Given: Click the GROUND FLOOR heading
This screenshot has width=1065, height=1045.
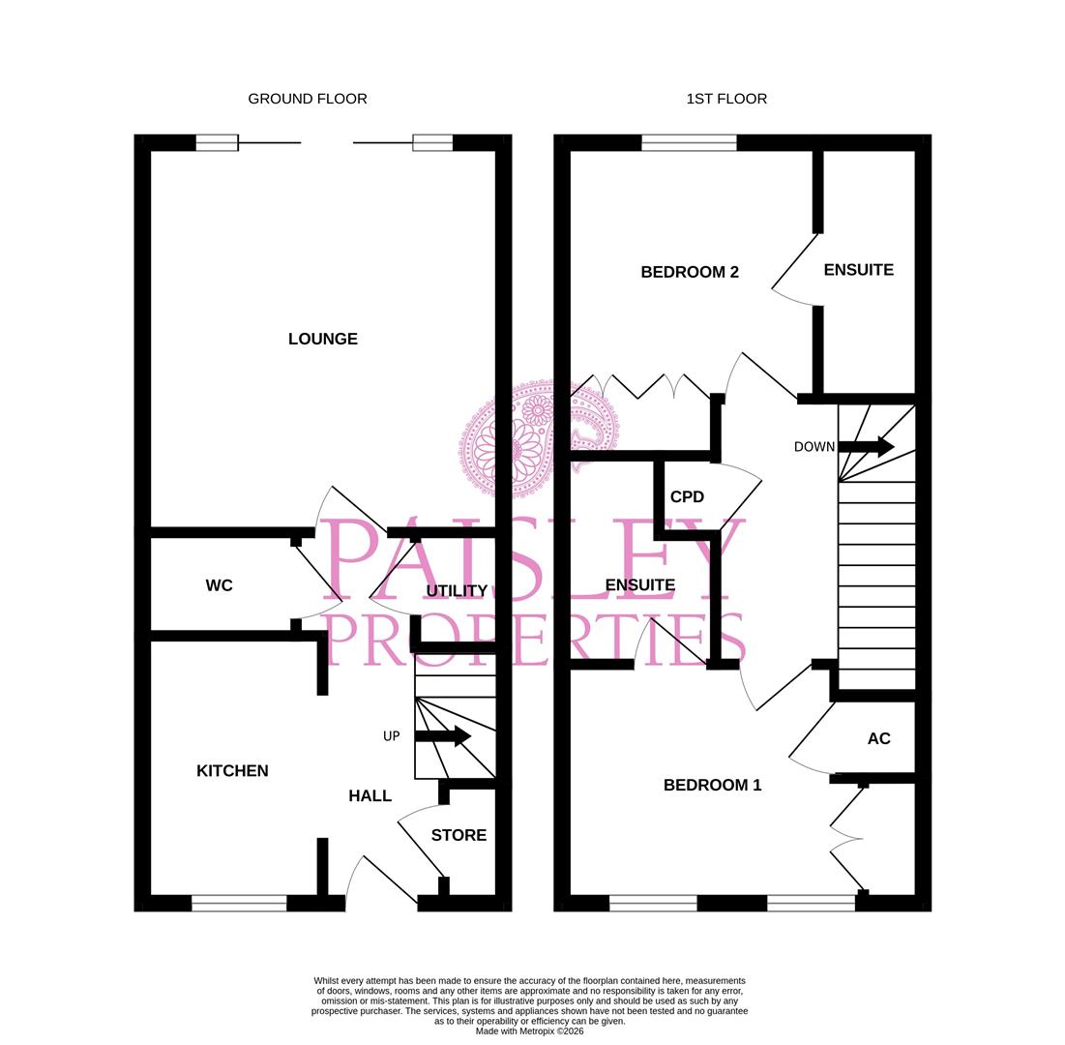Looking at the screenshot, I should click(x=308, y=99).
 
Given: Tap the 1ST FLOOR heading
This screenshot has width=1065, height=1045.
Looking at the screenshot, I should click(x=726, y=99).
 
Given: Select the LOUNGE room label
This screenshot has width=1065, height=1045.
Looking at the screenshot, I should click(x=323, y=339).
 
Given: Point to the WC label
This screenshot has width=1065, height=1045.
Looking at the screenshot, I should click(x=220, y=585).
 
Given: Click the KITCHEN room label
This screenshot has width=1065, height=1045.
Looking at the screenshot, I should click(x=232, y=771).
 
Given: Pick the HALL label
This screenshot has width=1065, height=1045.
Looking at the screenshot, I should click(x=370, y=796).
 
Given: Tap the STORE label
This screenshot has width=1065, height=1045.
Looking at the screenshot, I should click(x=459, y=835).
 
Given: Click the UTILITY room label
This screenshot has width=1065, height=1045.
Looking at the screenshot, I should click(x=457, y=590).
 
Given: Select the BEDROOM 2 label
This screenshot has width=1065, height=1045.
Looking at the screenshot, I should click(x=690, y=272).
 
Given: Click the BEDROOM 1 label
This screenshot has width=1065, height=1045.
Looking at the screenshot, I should click(x=712, y=785).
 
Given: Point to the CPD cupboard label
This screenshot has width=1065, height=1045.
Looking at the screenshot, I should click(x=687, y=496).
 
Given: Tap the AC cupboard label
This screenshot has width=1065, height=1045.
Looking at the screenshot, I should click(x=878, y=738).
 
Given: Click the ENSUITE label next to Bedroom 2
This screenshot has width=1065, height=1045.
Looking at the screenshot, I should click(x=858, y=270).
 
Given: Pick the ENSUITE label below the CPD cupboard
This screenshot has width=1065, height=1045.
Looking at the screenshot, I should click(x=639, y=584).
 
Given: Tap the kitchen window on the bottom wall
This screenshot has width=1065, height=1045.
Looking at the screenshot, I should click(x=239, y=903).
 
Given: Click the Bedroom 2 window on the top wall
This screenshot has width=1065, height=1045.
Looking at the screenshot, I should click(x=689, y=143).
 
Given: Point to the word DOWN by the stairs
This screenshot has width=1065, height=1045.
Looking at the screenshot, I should click(x=814, y=447).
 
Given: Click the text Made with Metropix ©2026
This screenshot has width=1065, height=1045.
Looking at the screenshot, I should click(x=529, y=1030).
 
